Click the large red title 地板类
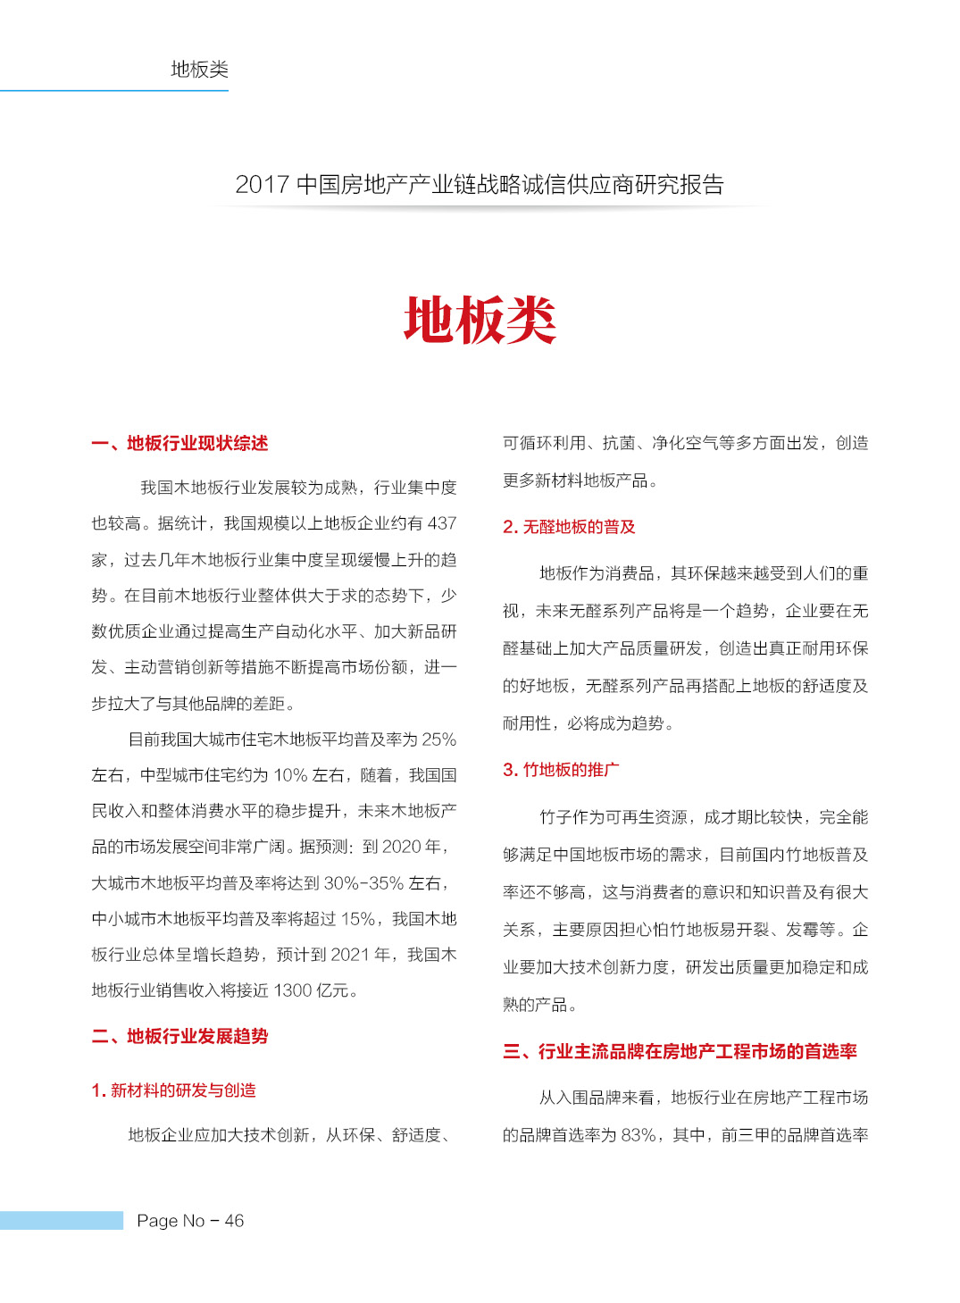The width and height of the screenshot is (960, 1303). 480,320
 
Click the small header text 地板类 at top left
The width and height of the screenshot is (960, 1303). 199,69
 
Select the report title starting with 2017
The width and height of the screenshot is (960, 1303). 480,185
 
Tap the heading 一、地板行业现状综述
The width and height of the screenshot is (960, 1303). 179,444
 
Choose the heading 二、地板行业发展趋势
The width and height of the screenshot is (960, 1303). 179,1036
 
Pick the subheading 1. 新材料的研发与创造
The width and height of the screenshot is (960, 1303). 173,1090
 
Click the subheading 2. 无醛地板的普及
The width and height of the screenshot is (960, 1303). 569,527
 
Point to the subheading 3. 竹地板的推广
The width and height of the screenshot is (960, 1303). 561,770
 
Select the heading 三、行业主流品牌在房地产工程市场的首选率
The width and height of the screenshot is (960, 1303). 680,1051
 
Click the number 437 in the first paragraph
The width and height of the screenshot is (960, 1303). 441,523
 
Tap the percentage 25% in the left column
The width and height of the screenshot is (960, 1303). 438,739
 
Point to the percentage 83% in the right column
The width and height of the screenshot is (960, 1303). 639,1135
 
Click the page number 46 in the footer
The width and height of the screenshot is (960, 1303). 234,1221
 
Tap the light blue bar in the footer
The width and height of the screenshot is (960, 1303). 62,1220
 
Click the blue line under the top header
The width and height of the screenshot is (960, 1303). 114,90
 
